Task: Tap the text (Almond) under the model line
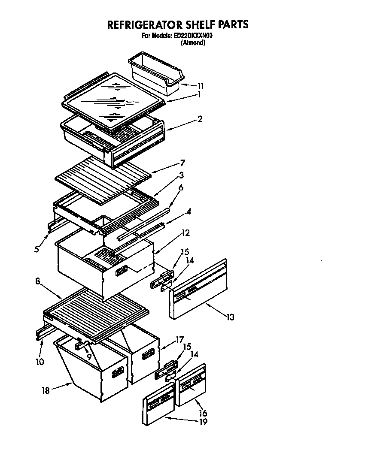tap(193, 43)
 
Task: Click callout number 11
tap(201, 86)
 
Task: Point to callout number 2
tap(200, 119)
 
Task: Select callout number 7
tap(182, 163)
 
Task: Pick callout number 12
tap(185, 233)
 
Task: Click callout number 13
tap(231, 317)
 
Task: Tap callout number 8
tap(38, 281)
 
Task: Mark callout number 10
tap(40, 362)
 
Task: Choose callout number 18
tap(46, 390)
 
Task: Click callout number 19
tap(203, 422)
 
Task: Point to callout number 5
tap(37, 248)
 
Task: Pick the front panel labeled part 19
tap(159, 405)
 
